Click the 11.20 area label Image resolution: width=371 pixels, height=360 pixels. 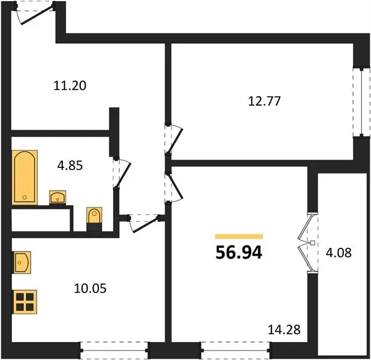pyautogui.click(x=70, y=85)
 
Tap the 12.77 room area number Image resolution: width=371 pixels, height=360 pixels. pyautogui.click(x=264, y=101)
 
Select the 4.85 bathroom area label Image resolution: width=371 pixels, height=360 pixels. pyautogui.click(x=70, y=166)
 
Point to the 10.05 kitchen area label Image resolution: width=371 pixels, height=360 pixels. pyautogui.click(x=90, y=289)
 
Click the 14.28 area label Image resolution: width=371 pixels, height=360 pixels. pyautogui.click(x=284, y=329)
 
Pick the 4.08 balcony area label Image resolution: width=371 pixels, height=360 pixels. pyautogui.click(x=339, y=253)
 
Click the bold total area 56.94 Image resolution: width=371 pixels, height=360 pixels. pyautogui.click(x=239, y=253)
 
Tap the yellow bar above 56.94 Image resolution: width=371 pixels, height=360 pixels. pyautogui.click(x=239, y=236)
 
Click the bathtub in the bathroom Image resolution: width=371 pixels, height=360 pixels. pyautogui.click(x=25, y=178)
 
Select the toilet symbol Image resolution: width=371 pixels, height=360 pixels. pyautogui.click(x=94, y=215)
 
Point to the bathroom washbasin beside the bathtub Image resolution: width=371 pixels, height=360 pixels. pyautogui.click(x=58, y=197)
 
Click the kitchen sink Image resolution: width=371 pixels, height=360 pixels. pyautogui.click(x=22, y=262)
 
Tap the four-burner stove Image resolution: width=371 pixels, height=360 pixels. pyautogui.click(x=25, y=302)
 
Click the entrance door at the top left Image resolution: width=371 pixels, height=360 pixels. pyautogui.click(x=35, y=13)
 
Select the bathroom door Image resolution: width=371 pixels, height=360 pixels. pyautogui.click(x=122, y=173)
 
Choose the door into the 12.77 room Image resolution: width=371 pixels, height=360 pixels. pyautogui.click(x=174, y=139)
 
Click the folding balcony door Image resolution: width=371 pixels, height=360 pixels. pyautogui.click(x=307, y=243)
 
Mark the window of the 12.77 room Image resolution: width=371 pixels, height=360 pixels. pyautogui.click(x=361, y=103)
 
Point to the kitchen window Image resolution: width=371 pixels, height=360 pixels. pyautogui.click(x=114, y=350)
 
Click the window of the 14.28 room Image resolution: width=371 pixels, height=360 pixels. pyautogui.click(x=236, y=350)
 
